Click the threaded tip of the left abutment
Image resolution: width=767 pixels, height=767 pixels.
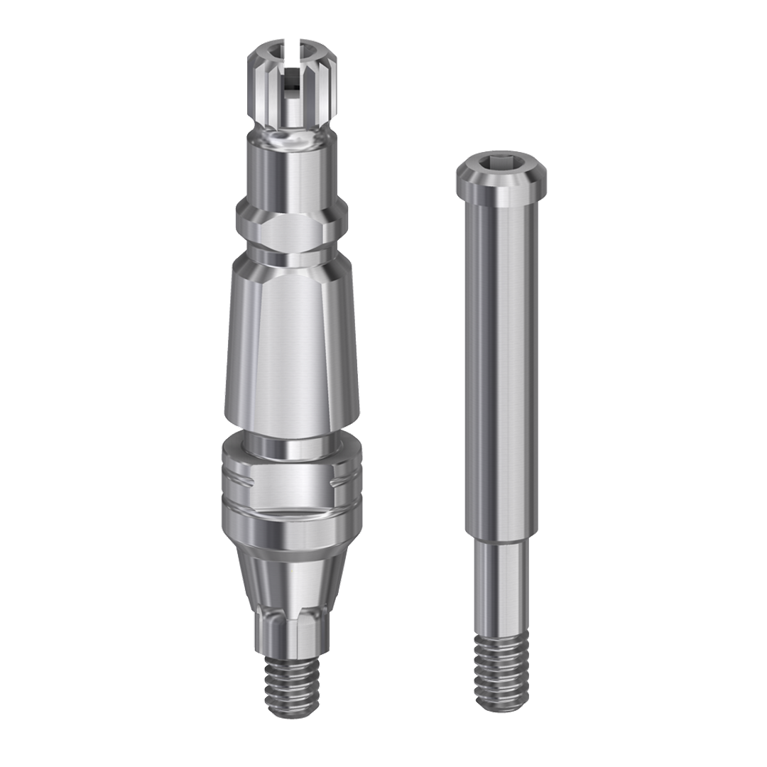pyautogui.click(x=292, y=682)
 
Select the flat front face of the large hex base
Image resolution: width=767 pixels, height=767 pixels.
pyautogui.click(x=292, y=483)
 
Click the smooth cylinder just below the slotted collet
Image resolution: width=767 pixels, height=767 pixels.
pyautogui.click(x=292, y=170)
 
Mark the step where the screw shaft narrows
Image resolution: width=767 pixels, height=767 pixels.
pyautogui.click(x=502, y=537)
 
